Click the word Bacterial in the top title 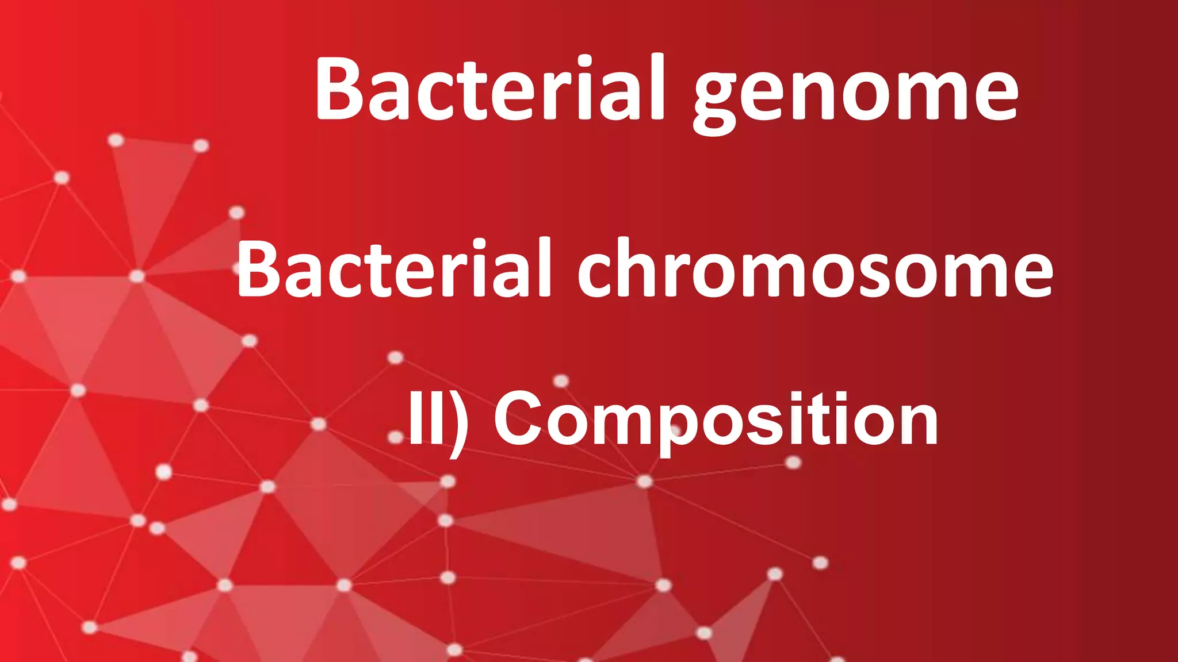[x=489, y=89]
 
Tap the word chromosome [x=815, y=270]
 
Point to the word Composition [x=716, y=419]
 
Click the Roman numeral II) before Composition [x=437, y=419]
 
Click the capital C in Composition [x=520, y=419]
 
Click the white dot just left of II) [x=396, y=437]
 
